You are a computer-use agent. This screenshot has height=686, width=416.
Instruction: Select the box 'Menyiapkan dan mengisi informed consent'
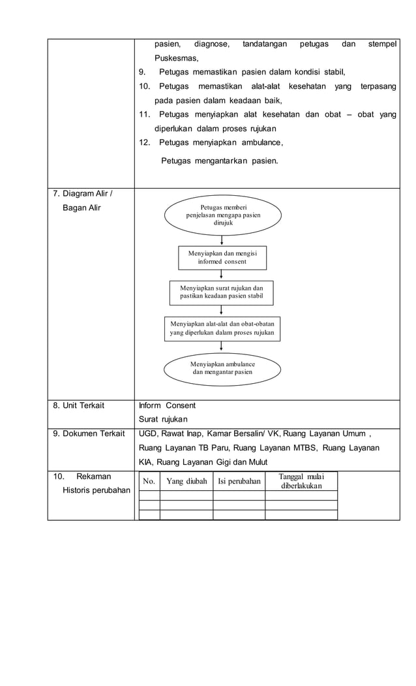click(222, 257)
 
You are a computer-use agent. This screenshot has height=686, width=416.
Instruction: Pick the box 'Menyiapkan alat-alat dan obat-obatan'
click(222, 328)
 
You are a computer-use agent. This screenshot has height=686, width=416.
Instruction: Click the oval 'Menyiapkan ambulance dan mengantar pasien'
click(222, 367)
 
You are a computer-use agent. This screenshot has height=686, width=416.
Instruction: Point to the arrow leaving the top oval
click(222, 241)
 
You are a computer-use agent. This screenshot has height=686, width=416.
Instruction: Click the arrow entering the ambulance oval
click(222, 347)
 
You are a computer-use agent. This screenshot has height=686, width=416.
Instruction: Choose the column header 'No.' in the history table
click(149, 482)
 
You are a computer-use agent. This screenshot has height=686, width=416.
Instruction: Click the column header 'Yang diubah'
click(186, 482)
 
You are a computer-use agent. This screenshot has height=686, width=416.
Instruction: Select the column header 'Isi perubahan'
click(239, 482)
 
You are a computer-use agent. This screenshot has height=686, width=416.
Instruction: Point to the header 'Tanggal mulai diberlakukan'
click(301, 482)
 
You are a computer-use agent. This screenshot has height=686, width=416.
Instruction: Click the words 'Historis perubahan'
click(96, 490)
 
